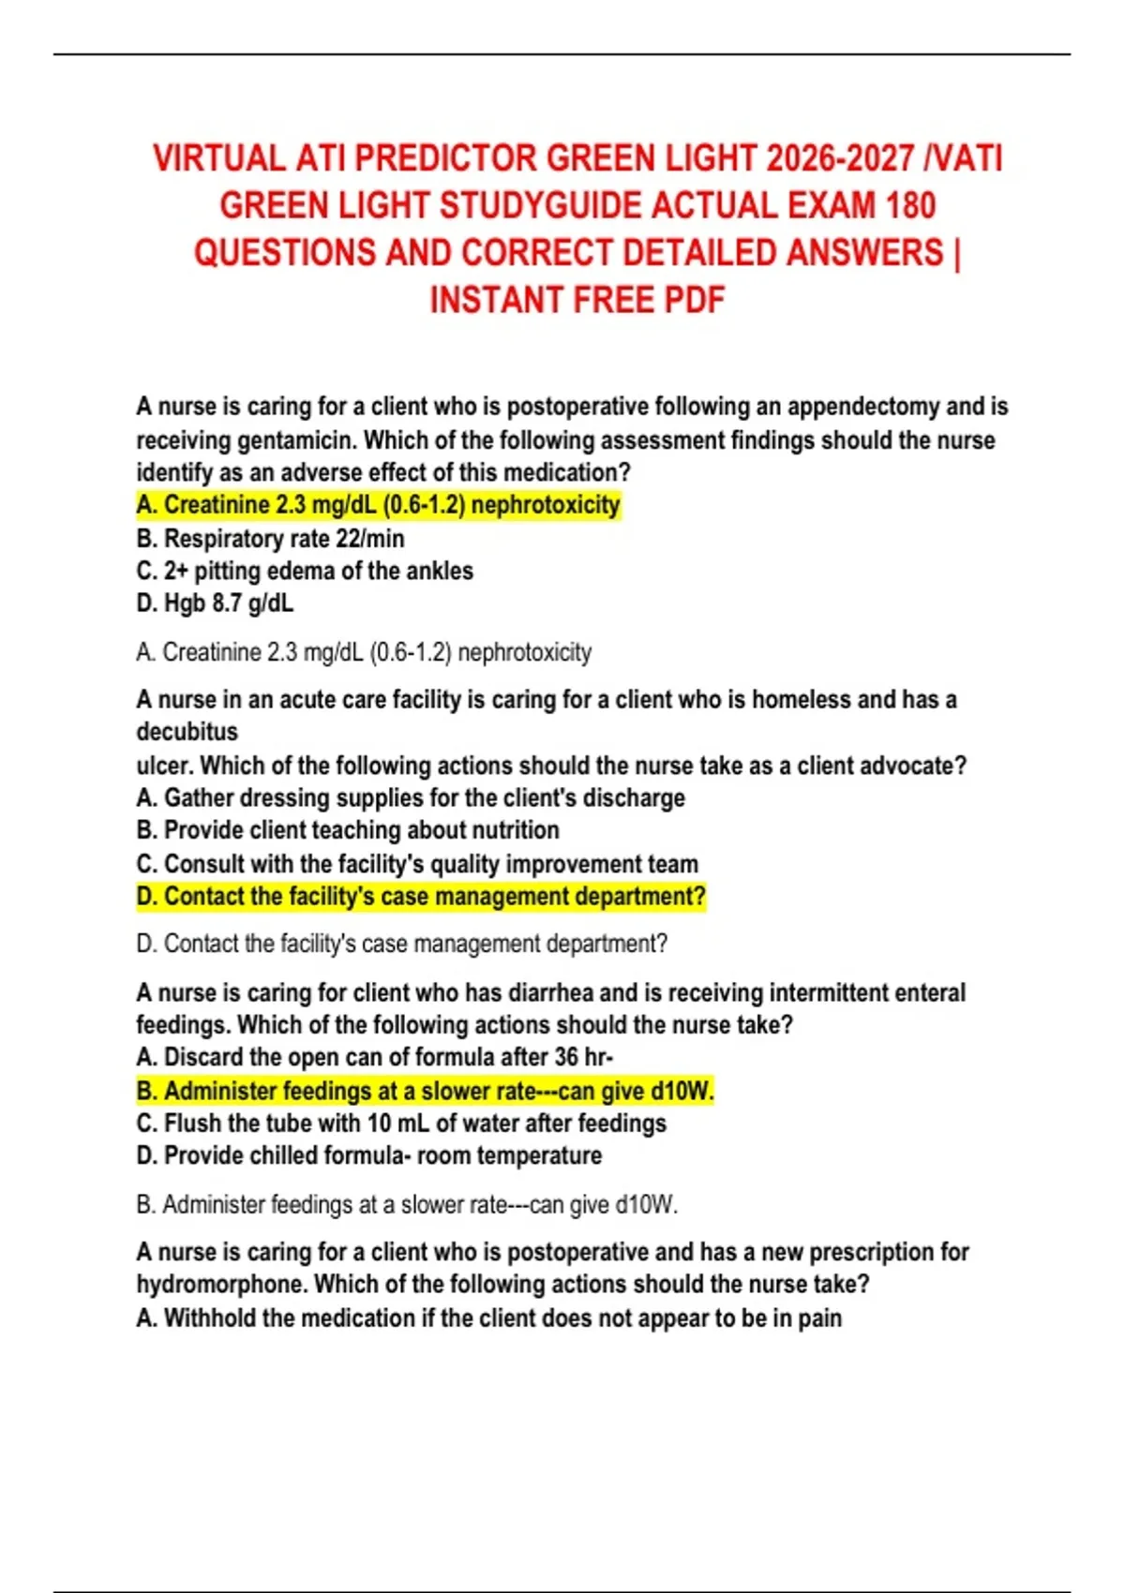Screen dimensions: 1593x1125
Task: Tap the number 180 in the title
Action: click(x=909, y=206)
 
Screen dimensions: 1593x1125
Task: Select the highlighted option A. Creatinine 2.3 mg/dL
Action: click(x=378, y=505)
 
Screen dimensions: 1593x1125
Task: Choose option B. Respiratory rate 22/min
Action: click(x=270, y=539)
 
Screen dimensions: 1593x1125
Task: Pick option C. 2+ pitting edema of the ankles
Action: click(x=305, y=571)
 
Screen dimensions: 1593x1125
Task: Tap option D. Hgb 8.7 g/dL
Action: click(x=215, y=603)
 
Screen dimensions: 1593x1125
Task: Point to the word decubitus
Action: click(x=187, y=732)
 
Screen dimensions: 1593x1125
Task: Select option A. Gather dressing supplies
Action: click(x=411, y=798)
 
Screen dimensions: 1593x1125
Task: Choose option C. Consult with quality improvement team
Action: click(x=417, y=864)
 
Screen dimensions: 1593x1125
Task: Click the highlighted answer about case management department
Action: click(x=421, y=897)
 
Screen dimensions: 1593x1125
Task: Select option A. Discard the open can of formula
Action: click(x=374, y=1057)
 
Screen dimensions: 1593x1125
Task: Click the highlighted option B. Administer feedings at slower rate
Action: click(x=425, y=1092)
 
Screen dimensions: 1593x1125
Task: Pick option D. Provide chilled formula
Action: click(x=368, y=1156)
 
